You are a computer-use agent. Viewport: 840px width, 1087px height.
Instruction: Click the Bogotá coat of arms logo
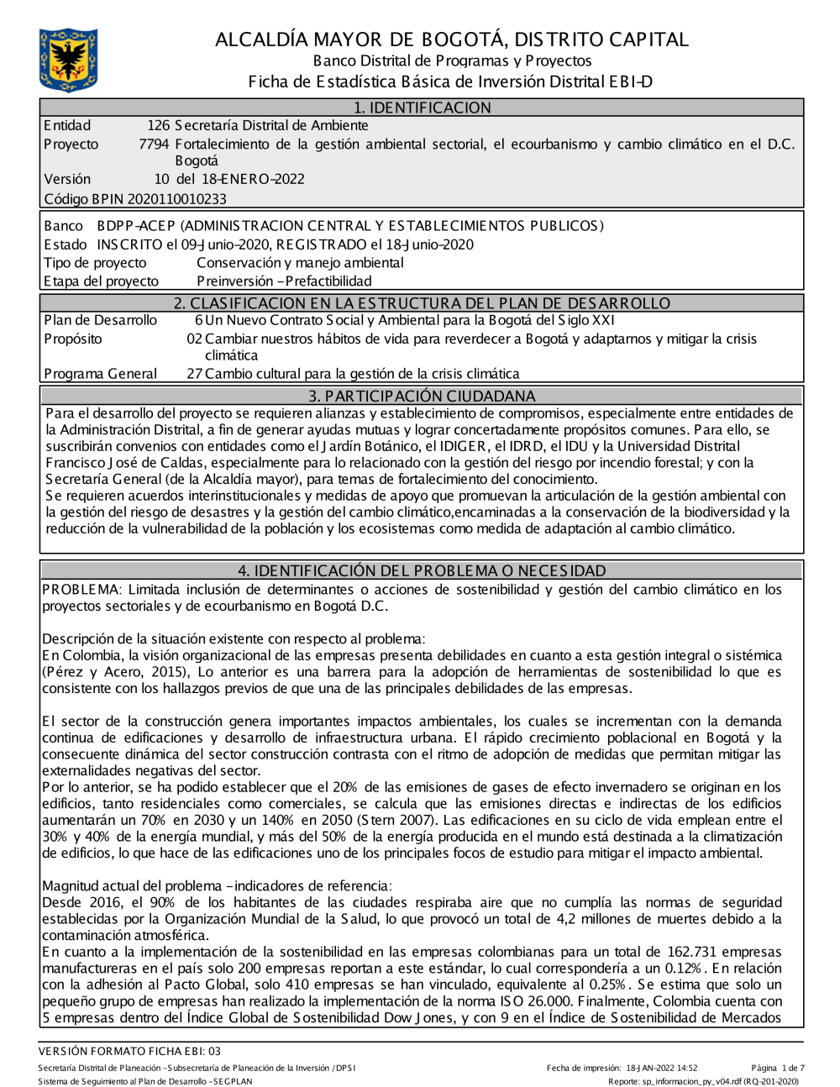pyautogui.click(x=68, y=59)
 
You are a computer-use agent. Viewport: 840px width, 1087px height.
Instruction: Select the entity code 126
pyautogui.click(x=159, y=126)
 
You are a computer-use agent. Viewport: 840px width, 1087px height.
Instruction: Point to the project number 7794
pyautogui.click(x=154, y=144)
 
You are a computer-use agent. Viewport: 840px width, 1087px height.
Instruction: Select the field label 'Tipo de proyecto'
pyautogui.click(x=95, y=263)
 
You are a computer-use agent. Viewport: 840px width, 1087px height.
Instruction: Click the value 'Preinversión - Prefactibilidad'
pyautogui.click(x=284, y=281)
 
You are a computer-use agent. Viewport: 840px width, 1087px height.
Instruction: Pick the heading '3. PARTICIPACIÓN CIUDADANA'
pyautogui.click(x=421, y=396)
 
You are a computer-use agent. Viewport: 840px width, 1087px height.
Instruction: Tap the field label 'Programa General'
pyautogui.click(x=100, y=374)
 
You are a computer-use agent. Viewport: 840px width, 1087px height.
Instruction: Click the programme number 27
pyautogui.click(x=194, y=374)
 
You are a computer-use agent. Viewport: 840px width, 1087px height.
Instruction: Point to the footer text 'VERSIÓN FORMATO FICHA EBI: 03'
pyautogui.click(x=129, y=1051)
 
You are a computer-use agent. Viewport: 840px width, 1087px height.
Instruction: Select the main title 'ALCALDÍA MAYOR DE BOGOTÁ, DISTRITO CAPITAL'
pyautogui.click(x=451, y=39)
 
